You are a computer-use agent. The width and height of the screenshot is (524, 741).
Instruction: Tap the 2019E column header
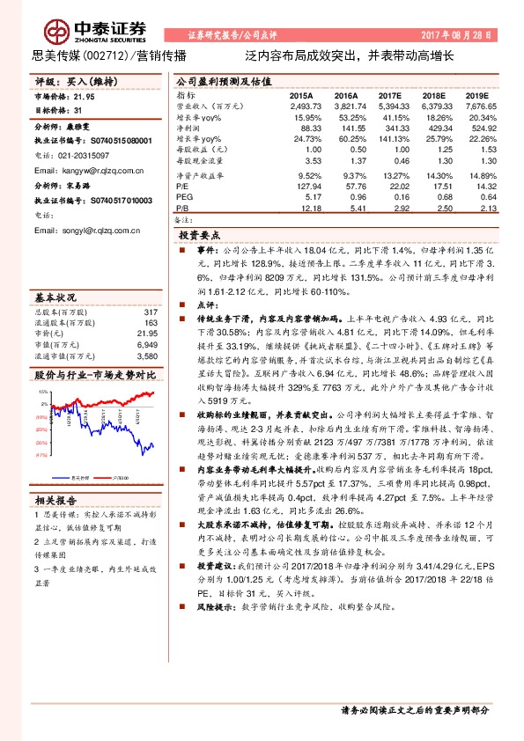[x=476, y=94]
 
